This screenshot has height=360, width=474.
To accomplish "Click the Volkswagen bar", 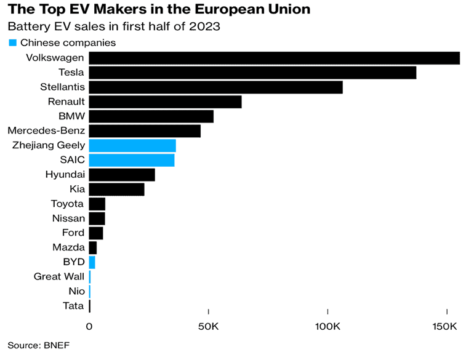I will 274,58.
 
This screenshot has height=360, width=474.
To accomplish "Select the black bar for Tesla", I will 252,73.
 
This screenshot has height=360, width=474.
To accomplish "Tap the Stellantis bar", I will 215,87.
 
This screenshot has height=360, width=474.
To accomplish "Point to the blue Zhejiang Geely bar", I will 132,146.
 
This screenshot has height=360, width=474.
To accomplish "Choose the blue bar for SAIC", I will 132,161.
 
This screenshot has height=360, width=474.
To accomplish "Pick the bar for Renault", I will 165,102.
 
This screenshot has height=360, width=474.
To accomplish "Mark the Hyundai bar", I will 122,175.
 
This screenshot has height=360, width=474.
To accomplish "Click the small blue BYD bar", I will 92,262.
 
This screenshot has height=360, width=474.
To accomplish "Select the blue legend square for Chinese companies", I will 12,42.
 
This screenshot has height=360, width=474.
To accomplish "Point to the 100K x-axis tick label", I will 328,326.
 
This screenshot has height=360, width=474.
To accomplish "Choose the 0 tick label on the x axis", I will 89,326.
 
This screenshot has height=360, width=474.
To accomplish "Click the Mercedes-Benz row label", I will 46,130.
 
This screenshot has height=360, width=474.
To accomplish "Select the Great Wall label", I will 59,276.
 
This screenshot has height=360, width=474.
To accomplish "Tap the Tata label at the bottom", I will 74,306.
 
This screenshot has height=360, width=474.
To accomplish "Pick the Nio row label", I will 76,291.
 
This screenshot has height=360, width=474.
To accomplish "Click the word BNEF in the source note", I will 57,345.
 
